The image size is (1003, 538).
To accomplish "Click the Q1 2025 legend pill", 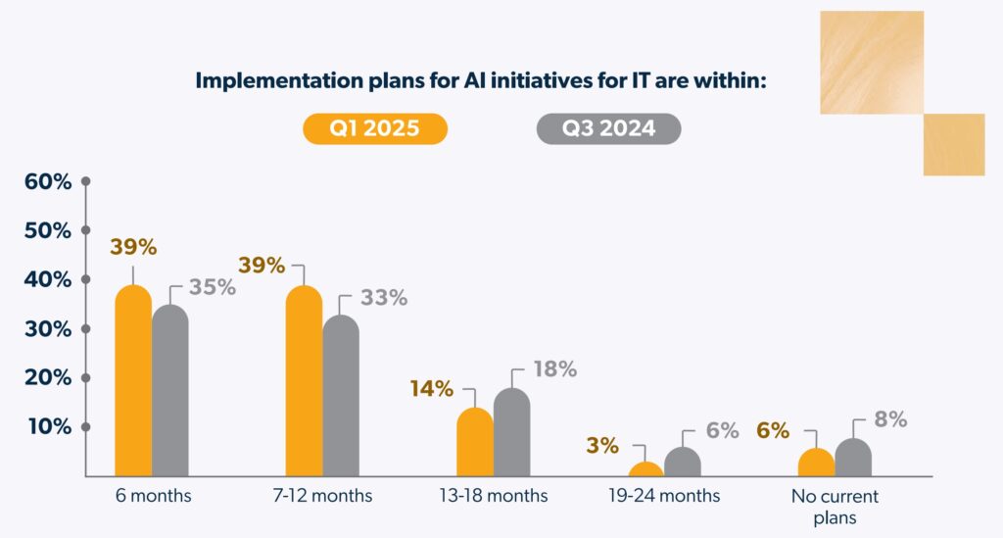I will pos(375,128).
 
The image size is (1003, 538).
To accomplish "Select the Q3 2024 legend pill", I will pos(608,128).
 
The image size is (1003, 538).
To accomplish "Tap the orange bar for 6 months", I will pos(133,382).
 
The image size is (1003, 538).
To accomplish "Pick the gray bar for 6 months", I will pos(169,392).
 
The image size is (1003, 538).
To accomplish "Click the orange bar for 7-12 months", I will pos(304,382).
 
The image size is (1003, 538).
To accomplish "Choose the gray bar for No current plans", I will pos(853,458).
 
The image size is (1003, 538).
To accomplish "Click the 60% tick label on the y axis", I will pos(48,181).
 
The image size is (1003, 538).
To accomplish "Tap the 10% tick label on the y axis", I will pos(48,426).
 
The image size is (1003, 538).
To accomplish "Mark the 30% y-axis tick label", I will pos(48,328).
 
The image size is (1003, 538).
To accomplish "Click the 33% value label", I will pos(383,298).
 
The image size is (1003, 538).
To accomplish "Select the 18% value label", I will pos(553,369).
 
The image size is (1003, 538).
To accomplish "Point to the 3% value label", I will pos(602,446).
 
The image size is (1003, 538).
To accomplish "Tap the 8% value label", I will pos(890,419).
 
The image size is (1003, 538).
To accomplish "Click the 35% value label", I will pos(213,287).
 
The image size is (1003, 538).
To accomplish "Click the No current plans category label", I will pos(835,506).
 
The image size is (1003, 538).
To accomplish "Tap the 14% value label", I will pos(432,389).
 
